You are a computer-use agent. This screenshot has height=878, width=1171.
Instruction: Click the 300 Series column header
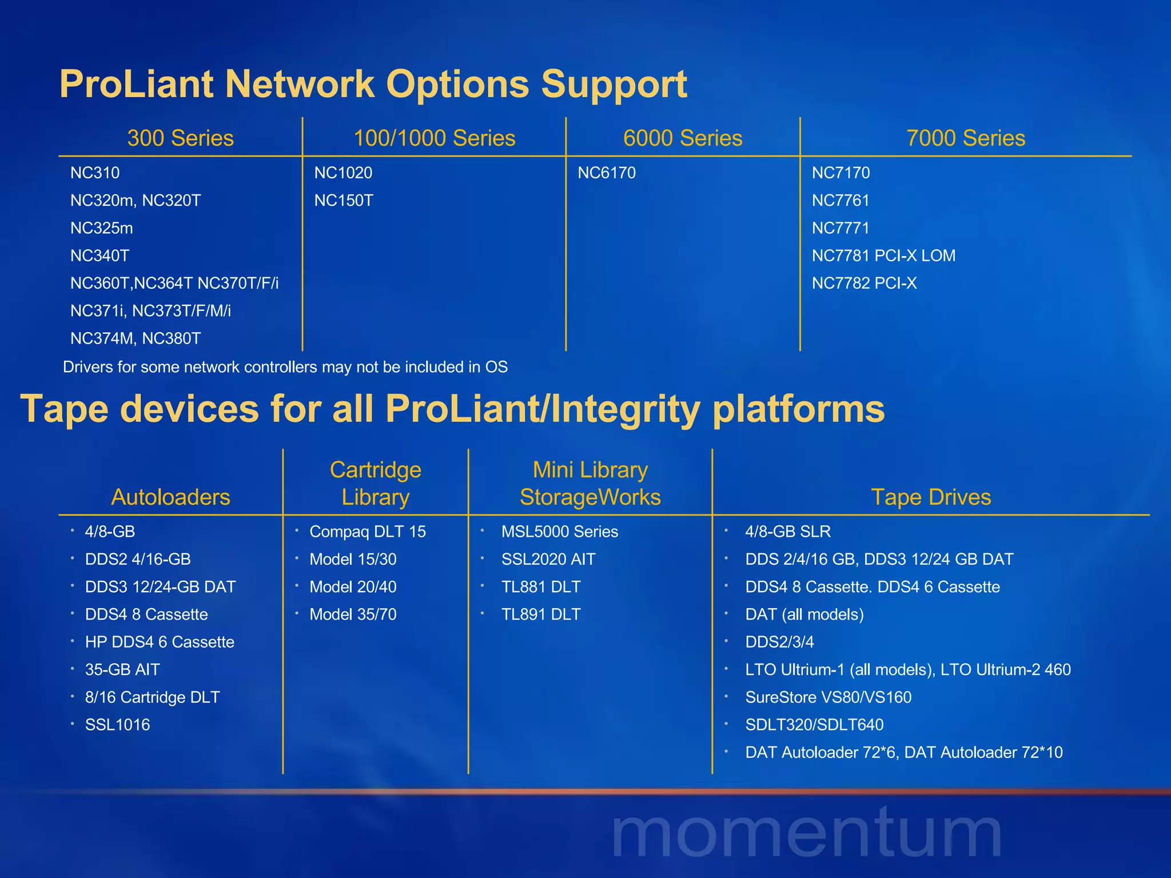(180, 138)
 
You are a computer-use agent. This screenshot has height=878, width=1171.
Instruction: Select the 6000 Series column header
(682, 138)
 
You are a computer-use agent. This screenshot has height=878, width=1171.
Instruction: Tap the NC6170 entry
(606, 173)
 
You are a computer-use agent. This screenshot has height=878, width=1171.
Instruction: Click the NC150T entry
(343, 201)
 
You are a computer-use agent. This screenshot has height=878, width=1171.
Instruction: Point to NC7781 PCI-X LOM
(883, 256)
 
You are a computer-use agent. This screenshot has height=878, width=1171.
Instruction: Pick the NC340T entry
(99, 256)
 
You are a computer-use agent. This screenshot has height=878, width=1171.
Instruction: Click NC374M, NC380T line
(135, 338)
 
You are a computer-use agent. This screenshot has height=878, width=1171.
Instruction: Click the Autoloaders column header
(170, 497)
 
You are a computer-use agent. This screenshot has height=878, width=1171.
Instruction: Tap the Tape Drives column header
(930, 497)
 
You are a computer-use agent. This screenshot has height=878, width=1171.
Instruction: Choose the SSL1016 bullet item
(117, 725)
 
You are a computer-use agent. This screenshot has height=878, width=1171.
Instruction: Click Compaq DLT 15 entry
(367, 532)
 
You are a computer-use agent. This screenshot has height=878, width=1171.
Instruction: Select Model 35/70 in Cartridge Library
(352, 614)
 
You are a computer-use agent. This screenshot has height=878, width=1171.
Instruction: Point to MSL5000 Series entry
(559, 532)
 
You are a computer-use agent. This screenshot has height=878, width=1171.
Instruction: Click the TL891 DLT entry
(540, 614)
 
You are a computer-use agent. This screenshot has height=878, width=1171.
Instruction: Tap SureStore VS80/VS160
(828, 697)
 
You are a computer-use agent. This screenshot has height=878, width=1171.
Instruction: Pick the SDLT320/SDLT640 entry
(814, 725)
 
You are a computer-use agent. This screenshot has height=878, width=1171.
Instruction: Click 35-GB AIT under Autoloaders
(122, 669)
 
